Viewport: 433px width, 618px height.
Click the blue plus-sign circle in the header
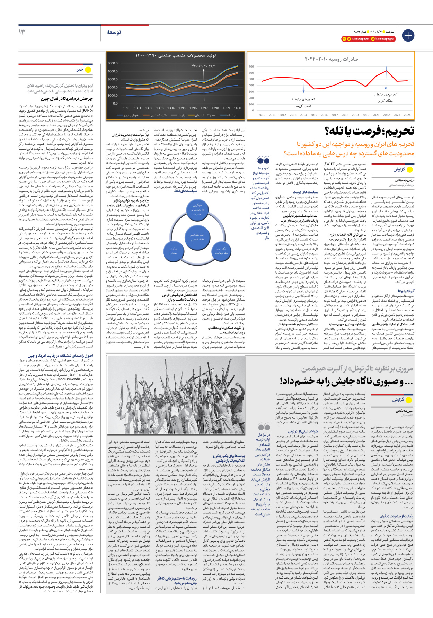tap(408, 35)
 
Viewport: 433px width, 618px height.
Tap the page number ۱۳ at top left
tap(22, 32)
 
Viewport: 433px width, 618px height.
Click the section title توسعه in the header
tap(114, 32)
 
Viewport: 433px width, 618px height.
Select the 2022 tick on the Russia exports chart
tap(386, 115)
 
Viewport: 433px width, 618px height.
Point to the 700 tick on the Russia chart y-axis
tap(251, 66)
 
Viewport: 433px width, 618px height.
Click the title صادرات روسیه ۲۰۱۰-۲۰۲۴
tap(331, 59)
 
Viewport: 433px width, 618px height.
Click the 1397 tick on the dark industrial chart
tap(204, 108)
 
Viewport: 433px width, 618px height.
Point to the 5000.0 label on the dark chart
tap(113, 63)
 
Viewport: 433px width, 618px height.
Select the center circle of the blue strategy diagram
tap(197, 237)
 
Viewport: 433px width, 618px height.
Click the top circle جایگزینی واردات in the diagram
tap(197, 209)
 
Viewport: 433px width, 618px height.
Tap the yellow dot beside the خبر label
tap(88, 70)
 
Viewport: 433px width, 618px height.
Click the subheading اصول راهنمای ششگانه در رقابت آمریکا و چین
tap(60, 356)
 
